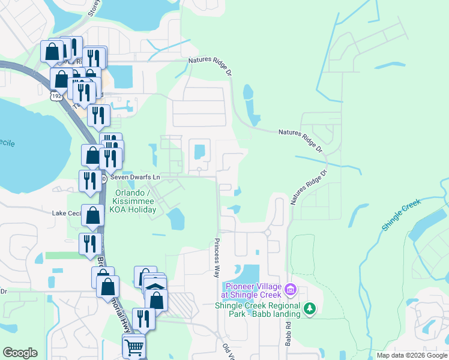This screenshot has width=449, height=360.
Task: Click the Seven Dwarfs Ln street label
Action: [x=135, y=178]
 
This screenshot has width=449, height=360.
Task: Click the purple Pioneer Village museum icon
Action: [x=291, y=290]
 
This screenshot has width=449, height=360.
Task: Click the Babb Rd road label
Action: [x=288, y=332]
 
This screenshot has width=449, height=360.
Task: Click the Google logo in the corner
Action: [x=20, y=353]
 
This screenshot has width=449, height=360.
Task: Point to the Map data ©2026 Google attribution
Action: [x=412, y=355]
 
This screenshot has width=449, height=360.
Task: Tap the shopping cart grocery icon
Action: [x=134, y=346]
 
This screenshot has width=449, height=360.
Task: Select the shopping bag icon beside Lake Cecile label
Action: [x=93, y=215]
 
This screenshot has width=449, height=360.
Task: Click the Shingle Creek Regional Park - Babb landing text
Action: [x=258, y=310]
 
